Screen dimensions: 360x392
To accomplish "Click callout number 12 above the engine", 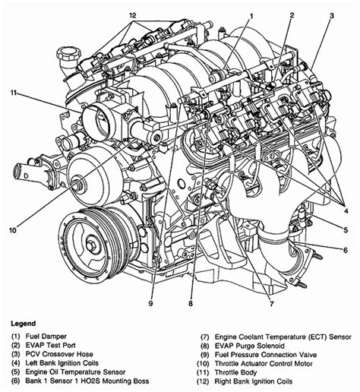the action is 133,15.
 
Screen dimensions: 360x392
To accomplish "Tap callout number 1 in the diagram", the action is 251,16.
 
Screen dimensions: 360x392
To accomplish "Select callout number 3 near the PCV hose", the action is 332,16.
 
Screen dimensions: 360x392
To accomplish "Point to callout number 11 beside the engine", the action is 14,93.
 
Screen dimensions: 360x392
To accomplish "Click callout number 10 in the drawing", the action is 13,230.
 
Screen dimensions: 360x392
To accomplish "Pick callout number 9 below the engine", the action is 150,303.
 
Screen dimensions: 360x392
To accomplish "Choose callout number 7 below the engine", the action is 272,303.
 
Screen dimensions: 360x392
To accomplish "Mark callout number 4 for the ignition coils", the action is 346,210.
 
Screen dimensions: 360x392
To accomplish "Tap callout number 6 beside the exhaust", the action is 346,250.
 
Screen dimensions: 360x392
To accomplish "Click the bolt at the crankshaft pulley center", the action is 91,245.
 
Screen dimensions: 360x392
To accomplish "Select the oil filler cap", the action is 69,52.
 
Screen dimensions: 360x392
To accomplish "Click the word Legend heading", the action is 23,324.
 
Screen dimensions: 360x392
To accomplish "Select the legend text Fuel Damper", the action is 46,337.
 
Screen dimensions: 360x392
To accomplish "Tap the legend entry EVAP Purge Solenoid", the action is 250,346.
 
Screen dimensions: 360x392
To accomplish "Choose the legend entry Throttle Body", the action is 235,372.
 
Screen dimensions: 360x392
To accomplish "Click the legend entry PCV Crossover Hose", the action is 59,354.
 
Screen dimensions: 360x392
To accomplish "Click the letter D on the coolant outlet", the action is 26,175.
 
